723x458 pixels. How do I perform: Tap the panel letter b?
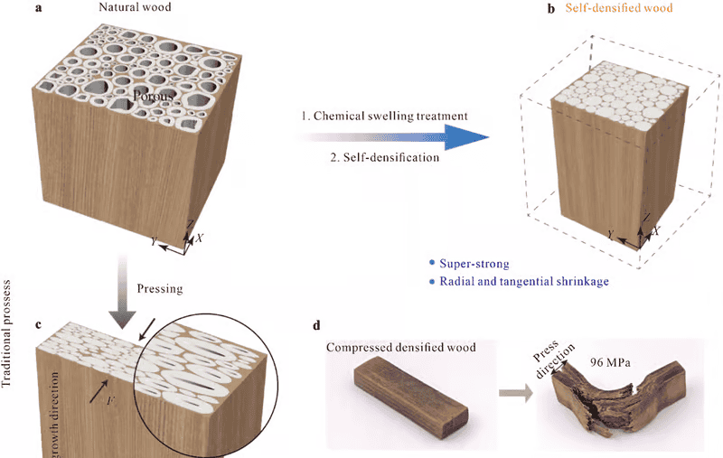[x=537, y=10]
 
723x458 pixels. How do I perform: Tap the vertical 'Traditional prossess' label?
[x=9, y=307]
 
